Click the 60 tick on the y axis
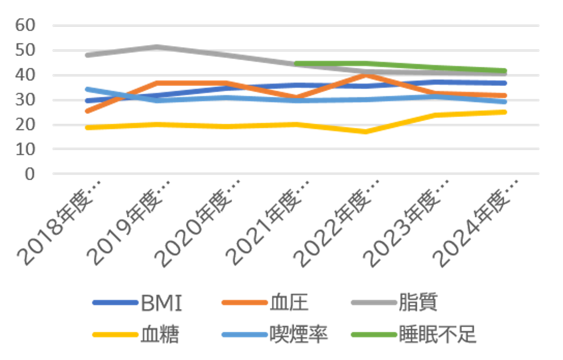(x=25, y=25)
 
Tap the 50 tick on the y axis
(x=25, y=51)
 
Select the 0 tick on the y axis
(x=30, y=174)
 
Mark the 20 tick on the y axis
(x=25, y=125)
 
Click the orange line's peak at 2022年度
(x=365, y=75)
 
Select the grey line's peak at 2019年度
(x=156, y=47)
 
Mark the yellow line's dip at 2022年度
(x=365, y=132)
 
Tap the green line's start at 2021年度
(x=296, y=64)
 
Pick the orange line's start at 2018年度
(x=87, y=111)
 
